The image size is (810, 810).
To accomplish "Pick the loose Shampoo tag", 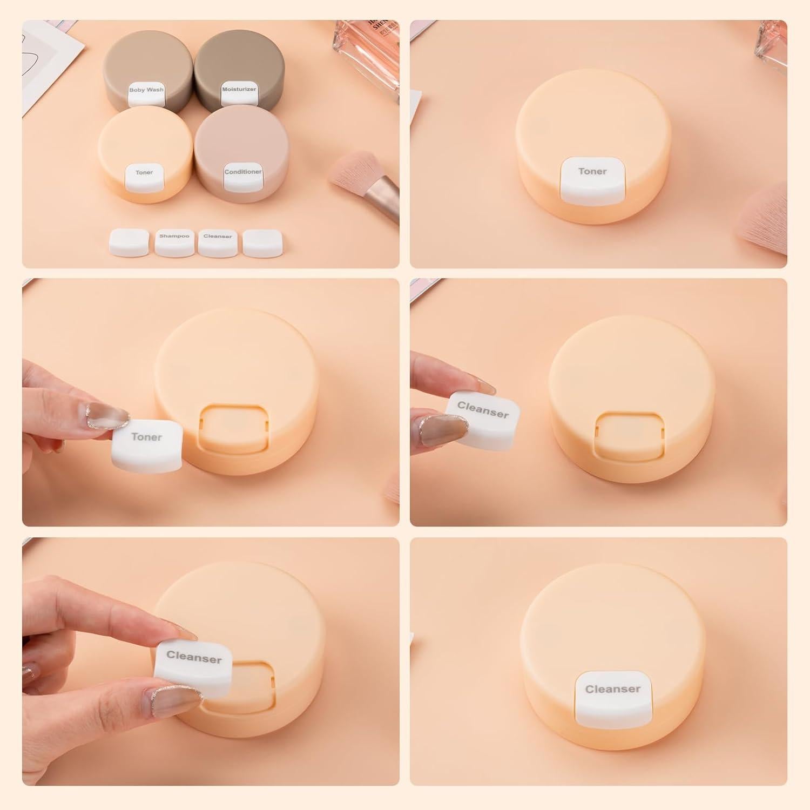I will (x=174, y=241).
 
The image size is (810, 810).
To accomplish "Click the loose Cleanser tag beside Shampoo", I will (x=218, y=241).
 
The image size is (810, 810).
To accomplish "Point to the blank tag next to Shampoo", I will (x=130, y=241).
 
